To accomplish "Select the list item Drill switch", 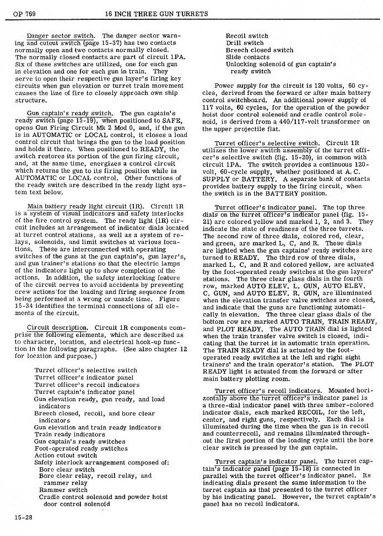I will click(x=245, y=43).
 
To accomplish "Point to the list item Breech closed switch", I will click(x=260, y=50).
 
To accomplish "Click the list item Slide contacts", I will click(x=247, y=57).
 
